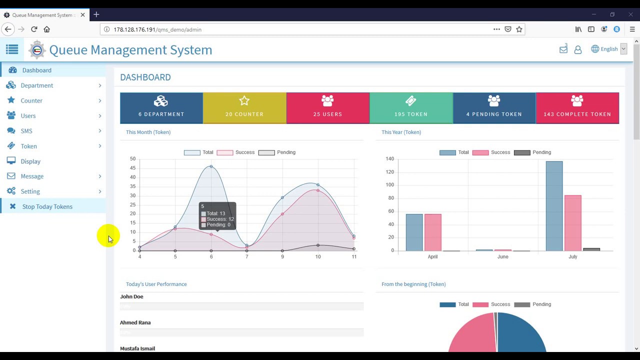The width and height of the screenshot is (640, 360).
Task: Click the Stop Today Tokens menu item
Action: click(x=47, y=206)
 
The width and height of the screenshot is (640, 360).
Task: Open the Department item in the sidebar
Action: click(x=36, y=85)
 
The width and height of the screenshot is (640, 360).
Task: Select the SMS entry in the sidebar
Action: click(x=26, y=131)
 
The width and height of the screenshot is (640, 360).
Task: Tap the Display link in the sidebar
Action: click(x=30, y=161)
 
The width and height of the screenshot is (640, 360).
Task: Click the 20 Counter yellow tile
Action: click(x=244, y=108)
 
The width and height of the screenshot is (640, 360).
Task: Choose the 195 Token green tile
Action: click(x=411, y=108)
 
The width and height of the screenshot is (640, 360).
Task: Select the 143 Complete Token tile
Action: click(x=577, y=108)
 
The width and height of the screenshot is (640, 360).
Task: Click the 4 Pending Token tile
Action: click(x=494, y=108)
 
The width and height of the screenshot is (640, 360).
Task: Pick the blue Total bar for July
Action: click(x=554, y=206)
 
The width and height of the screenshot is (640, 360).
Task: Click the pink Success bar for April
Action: click(x=433, y=232)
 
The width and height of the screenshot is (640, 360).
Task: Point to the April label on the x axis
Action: click(x=432, y=256)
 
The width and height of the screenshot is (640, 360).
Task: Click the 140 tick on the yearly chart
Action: click(x=389, y=159)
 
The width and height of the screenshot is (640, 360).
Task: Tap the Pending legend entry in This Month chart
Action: click(x=276, y=152)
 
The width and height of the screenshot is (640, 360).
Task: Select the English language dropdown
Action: click(x=609, y=49)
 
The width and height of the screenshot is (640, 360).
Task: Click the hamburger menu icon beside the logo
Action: click(x=12, y=49)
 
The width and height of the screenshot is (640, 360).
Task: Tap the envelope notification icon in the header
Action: click(x=563, y=49)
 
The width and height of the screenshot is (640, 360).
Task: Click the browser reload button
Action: click(x=34, y=29)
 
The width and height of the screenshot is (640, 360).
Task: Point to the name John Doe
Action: click(x=131, y=296)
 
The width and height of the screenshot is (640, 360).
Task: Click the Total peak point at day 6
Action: click(x=211, y=166)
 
